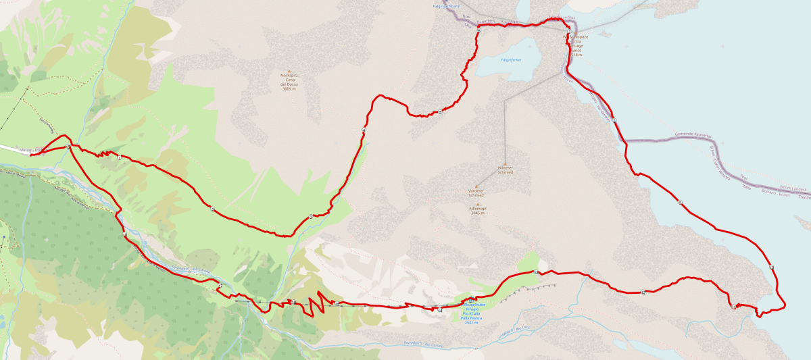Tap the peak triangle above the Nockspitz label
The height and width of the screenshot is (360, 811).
(289, 71)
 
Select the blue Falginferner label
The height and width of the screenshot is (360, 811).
(510, 60)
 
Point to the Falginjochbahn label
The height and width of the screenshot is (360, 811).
(445, 6)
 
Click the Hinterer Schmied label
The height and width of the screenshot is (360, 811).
(506, 170)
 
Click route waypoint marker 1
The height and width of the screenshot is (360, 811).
(119, 157)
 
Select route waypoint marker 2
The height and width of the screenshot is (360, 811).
(212, 208)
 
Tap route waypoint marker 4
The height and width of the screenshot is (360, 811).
(364, 130)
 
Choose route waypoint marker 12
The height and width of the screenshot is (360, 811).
(643, 292)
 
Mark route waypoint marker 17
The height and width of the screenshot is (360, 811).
(220, 286)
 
